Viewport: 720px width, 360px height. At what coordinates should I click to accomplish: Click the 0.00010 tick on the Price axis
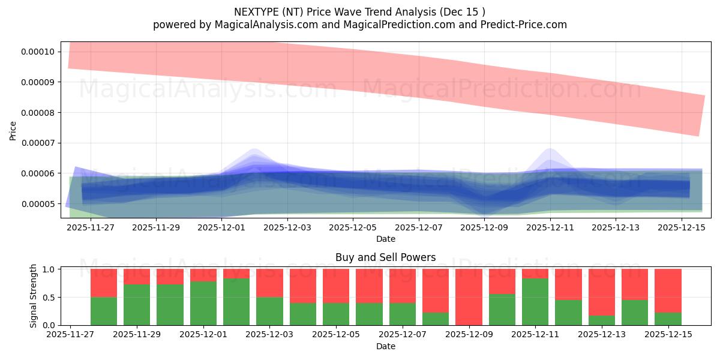click(37, 52)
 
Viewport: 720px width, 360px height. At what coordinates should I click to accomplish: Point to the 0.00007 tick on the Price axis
click(37, 143)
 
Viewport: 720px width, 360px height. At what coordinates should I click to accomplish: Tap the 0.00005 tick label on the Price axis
click(37, 204)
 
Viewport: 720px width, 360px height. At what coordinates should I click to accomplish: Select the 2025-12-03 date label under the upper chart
click(287, 227)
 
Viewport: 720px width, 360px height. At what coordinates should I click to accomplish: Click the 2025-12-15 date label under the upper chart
click(682, 227)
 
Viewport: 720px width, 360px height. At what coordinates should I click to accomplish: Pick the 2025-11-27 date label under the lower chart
click(71, 335)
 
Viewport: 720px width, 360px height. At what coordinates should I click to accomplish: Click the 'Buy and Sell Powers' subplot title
click(385, 257)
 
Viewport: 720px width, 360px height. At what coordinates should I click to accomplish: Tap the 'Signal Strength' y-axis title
click(34, 296)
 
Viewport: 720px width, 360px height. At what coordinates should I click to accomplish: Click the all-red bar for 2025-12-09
click(469, 297)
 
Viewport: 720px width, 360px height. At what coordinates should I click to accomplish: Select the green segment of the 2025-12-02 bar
click(236, 302)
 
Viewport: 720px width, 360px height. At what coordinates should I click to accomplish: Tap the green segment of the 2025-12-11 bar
click(535, 302)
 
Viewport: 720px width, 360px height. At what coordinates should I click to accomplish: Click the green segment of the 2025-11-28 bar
click(104, 311)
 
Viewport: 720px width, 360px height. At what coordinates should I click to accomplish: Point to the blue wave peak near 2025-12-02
click(254, 149)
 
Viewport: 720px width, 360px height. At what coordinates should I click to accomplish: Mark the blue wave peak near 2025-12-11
click(550, 149)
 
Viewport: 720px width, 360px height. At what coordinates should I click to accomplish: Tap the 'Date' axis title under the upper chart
click(385, 239)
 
